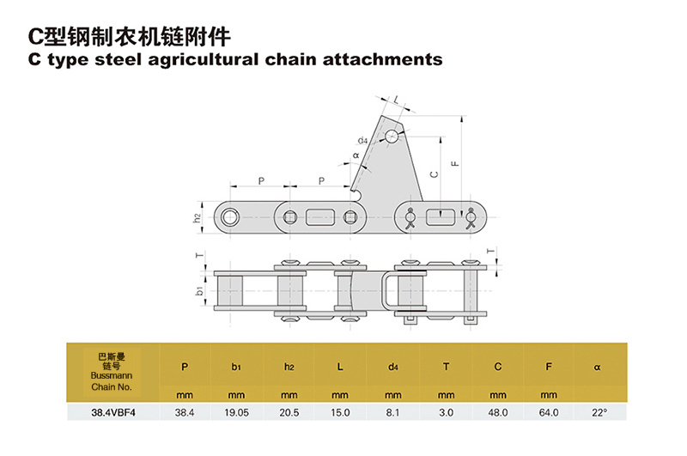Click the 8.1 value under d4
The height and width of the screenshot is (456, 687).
pyautogui.click(x=392, y=413)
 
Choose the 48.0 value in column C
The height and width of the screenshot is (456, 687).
pyautogui.click(x=497, y=413)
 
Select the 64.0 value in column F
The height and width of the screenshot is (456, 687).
pyautogui.click(x=550, y=413)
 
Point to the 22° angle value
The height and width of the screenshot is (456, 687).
pyautogui.click(x=599, y=413)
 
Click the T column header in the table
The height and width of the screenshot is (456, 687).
pyautogui.click(x=446, y=367)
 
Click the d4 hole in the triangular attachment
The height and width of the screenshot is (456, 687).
pyautogui.click(x=392, y=136)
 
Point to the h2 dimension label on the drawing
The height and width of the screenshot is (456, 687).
pyautogui.click(x=198, y=217)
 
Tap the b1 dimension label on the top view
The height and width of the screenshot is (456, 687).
pyautogui.click(x=199, y=291)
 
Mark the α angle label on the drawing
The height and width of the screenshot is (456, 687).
pyautogui.click(x=356, y=156)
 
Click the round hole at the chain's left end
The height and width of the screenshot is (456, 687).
pyautogui.click(x=229, y=216)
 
